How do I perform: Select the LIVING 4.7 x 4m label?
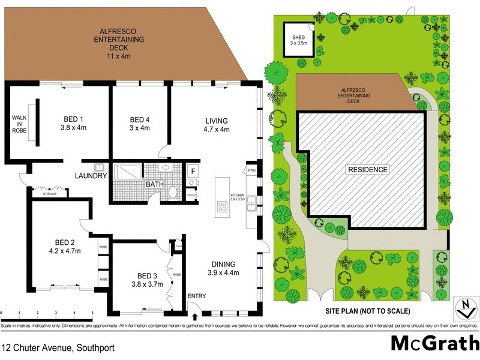[x=217, y=123]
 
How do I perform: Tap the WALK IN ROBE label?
[x=19, y=124]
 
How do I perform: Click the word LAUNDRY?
[x=91, y=176]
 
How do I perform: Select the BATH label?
[x=155, y=184]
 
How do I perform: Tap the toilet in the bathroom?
[x=173, y=192]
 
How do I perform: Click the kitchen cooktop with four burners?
[x=222, y=207]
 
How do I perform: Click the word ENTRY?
[x=196, y=296]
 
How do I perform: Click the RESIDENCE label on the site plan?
[x=368, y=170]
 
